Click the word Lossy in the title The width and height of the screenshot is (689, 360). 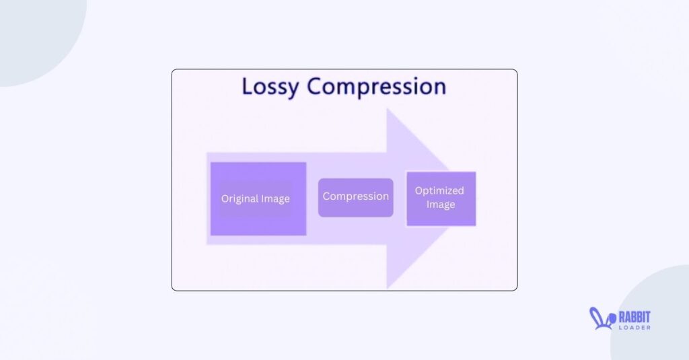tap(270, 87)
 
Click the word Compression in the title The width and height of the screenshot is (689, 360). tap(377, 87)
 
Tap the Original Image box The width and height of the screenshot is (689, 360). tap(258, 199)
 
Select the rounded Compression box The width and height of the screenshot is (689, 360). tap(355, 197)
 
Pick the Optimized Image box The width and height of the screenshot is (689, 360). tap(441, 199)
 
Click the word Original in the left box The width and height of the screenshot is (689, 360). tap(237, 199)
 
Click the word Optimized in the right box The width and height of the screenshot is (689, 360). tap(439, 191)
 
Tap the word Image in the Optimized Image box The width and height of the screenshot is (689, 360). tap(440, 205)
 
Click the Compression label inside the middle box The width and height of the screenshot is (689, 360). tap(355, 196)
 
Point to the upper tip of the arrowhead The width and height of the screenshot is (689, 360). tap(387, 108)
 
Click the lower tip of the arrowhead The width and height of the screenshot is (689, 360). tap(387, 289)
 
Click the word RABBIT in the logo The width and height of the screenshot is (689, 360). tap(634, 318)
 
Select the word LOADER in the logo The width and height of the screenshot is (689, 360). tap(634, 328)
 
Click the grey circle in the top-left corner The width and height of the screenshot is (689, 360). tap(40, 40)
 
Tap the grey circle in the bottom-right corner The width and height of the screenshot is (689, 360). tap(653, 314)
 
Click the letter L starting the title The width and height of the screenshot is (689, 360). tap(247, 86)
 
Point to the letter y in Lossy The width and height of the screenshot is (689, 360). tap(292, 89)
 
